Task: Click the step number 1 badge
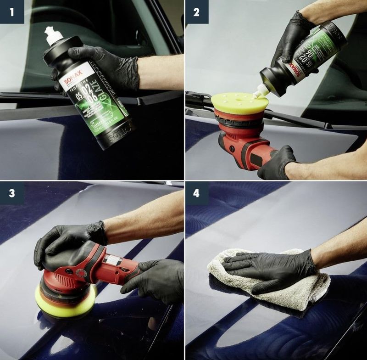click(x=11, y=12)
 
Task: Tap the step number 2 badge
click(x=197, y=12)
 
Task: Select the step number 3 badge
click(x=11, y=193)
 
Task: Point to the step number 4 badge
click(x=197, y=193)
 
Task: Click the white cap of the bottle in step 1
click(x=54, y=36)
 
